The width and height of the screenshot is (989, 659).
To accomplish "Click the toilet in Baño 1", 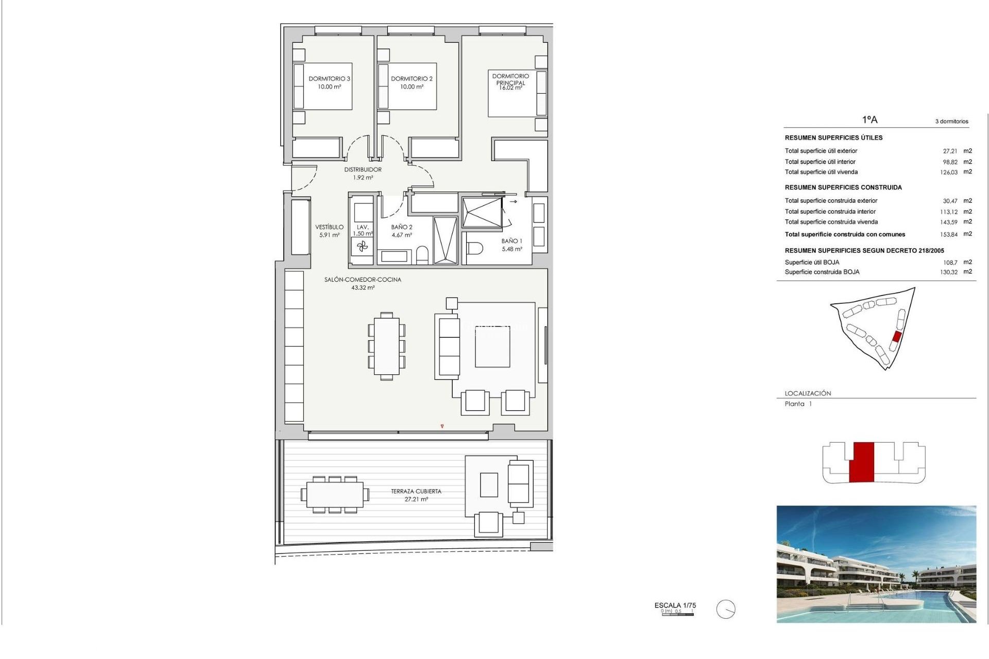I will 475,249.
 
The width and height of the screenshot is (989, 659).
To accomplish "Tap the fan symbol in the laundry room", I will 363,247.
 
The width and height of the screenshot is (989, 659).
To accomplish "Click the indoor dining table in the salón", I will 387,346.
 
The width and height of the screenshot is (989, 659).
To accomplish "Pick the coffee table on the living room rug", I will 492,346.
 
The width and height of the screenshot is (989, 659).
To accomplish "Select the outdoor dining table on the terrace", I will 335,495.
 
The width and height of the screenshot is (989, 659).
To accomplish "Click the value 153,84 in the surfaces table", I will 949,234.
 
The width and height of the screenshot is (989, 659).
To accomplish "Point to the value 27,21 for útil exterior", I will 950,151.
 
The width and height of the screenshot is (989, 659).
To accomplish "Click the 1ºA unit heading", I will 869,119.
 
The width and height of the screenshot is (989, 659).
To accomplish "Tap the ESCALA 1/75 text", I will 675,605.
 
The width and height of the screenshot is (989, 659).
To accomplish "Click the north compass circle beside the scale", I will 726,610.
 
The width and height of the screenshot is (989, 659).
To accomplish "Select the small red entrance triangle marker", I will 442,426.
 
